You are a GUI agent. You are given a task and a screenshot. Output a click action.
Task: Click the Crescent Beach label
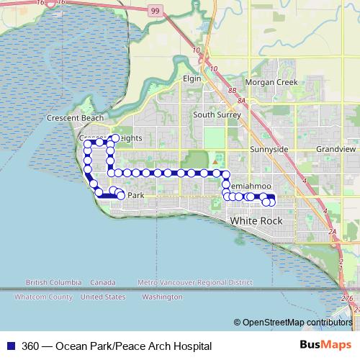(x=75, y=118)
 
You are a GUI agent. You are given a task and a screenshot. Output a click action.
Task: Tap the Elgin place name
(x=192, y=78)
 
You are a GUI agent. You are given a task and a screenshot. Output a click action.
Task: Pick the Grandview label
(x=336, y=149)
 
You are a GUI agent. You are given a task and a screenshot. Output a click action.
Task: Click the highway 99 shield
(x=155, y=11)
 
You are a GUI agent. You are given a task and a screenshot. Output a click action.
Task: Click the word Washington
(x=162, y=297)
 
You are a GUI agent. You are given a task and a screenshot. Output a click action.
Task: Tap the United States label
(x=103, y=297)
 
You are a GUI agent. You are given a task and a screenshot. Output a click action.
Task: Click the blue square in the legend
(x=11, y=346)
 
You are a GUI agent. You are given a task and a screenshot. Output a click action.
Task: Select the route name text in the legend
(x=117, y=346)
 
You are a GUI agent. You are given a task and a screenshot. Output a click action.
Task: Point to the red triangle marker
(x=214, y=173)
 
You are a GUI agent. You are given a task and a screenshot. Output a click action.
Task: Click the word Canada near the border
(x=104, y=282)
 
